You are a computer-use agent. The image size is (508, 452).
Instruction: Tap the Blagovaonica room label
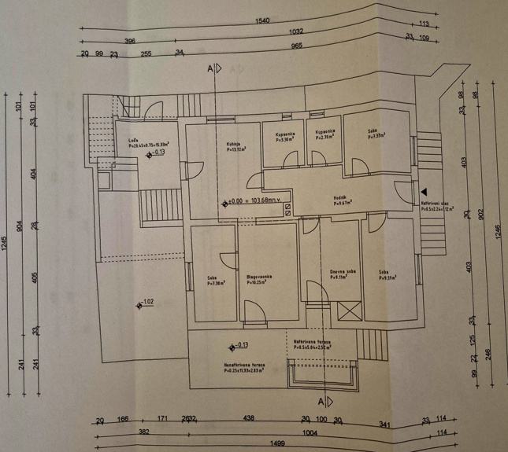tap(259, 276)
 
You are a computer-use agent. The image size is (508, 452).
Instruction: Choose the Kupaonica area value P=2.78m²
tap(326, 138)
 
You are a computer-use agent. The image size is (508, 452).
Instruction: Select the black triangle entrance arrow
tap(425, 190)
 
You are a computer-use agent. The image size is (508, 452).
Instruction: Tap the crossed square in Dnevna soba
tap(347, 309)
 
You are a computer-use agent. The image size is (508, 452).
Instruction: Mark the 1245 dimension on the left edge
tap(7, 243)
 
